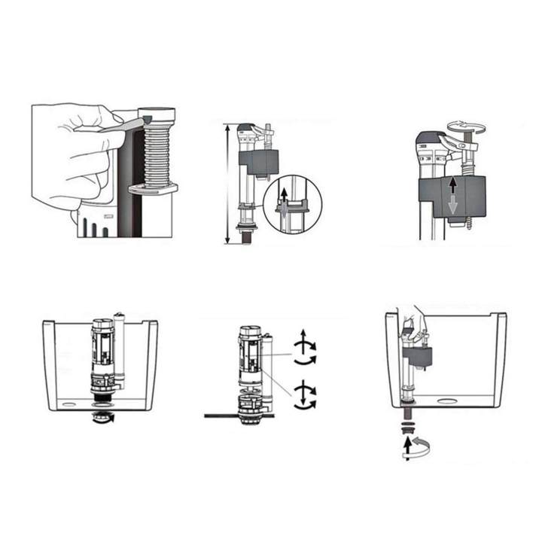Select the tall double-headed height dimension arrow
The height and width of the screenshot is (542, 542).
tap(227, 184)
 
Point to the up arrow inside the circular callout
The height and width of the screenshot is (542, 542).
tap(284, 198)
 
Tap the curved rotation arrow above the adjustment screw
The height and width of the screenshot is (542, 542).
tap(465, 125)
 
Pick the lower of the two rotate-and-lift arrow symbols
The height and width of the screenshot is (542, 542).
tap(303, 394)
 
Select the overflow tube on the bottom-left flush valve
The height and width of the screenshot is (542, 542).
tap(119, 350)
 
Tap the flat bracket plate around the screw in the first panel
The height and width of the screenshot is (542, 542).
tap(153, 188)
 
